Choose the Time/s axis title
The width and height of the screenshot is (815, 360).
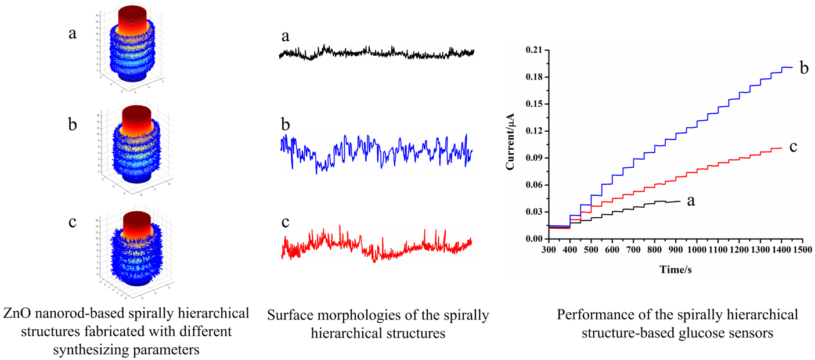click(676, 270)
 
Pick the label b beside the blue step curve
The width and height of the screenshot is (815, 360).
click(804, 69)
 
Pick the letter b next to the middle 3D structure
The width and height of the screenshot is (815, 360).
click(72, 125)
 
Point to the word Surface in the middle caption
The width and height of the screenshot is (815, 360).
click(289, 316)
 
